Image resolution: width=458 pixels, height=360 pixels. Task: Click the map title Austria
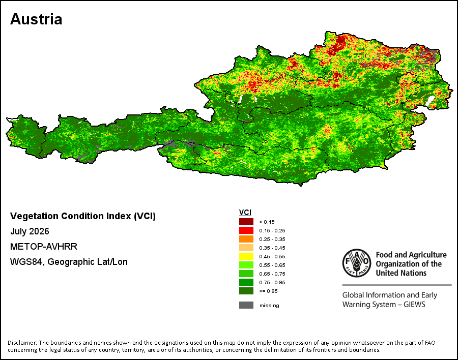tap(36, 19)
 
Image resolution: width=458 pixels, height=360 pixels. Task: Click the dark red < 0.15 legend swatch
tap(246, 222)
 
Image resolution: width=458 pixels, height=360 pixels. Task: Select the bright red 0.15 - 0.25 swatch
tap(246, 230)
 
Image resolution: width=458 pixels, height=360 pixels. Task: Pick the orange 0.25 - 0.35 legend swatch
tap(246, 239)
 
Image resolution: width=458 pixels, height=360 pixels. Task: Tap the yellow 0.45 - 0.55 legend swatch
tap(246, 256)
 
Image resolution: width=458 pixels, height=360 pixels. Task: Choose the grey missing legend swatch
tap(246, 305)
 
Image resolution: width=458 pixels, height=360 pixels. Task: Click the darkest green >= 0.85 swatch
tap(246, 291)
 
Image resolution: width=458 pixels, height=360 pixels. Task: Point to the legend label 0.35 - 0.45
tap(272, 248)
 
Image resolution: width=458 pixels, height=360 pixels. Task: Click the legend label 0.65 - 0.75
tap(272, 274)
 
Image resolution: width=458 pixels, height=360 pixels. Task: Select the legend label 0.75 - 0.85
tap(272, 282)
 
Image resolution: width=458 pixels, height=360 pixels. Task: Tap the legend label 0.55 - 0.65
tap(272, 265)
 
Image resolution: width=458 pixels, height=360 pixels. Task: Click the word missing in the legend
tap(269, 306)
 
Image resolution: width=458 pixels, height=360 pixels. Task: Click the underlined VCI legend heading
tap(245, 213)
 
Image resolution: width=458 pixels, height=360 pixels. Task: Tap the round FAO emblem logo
tap(357, 263)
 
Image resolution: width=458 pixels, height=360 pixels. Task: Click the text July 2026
tap(30, 231)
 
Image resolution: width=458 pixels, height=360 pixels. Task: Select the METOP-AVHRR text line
tap(44, 247)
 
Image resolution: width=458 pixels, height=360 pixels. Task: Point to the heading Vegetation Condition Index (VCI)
tap(83, 216)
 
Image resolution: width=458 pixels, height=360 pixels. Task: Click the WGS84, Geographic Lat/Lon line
tap(69, 262)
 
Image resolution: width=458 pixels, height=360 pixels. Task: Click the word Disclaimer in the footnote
tap(22, 343)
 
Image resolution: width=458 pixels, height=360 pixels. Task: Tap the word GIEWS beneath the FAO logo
tap(414, 305)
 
